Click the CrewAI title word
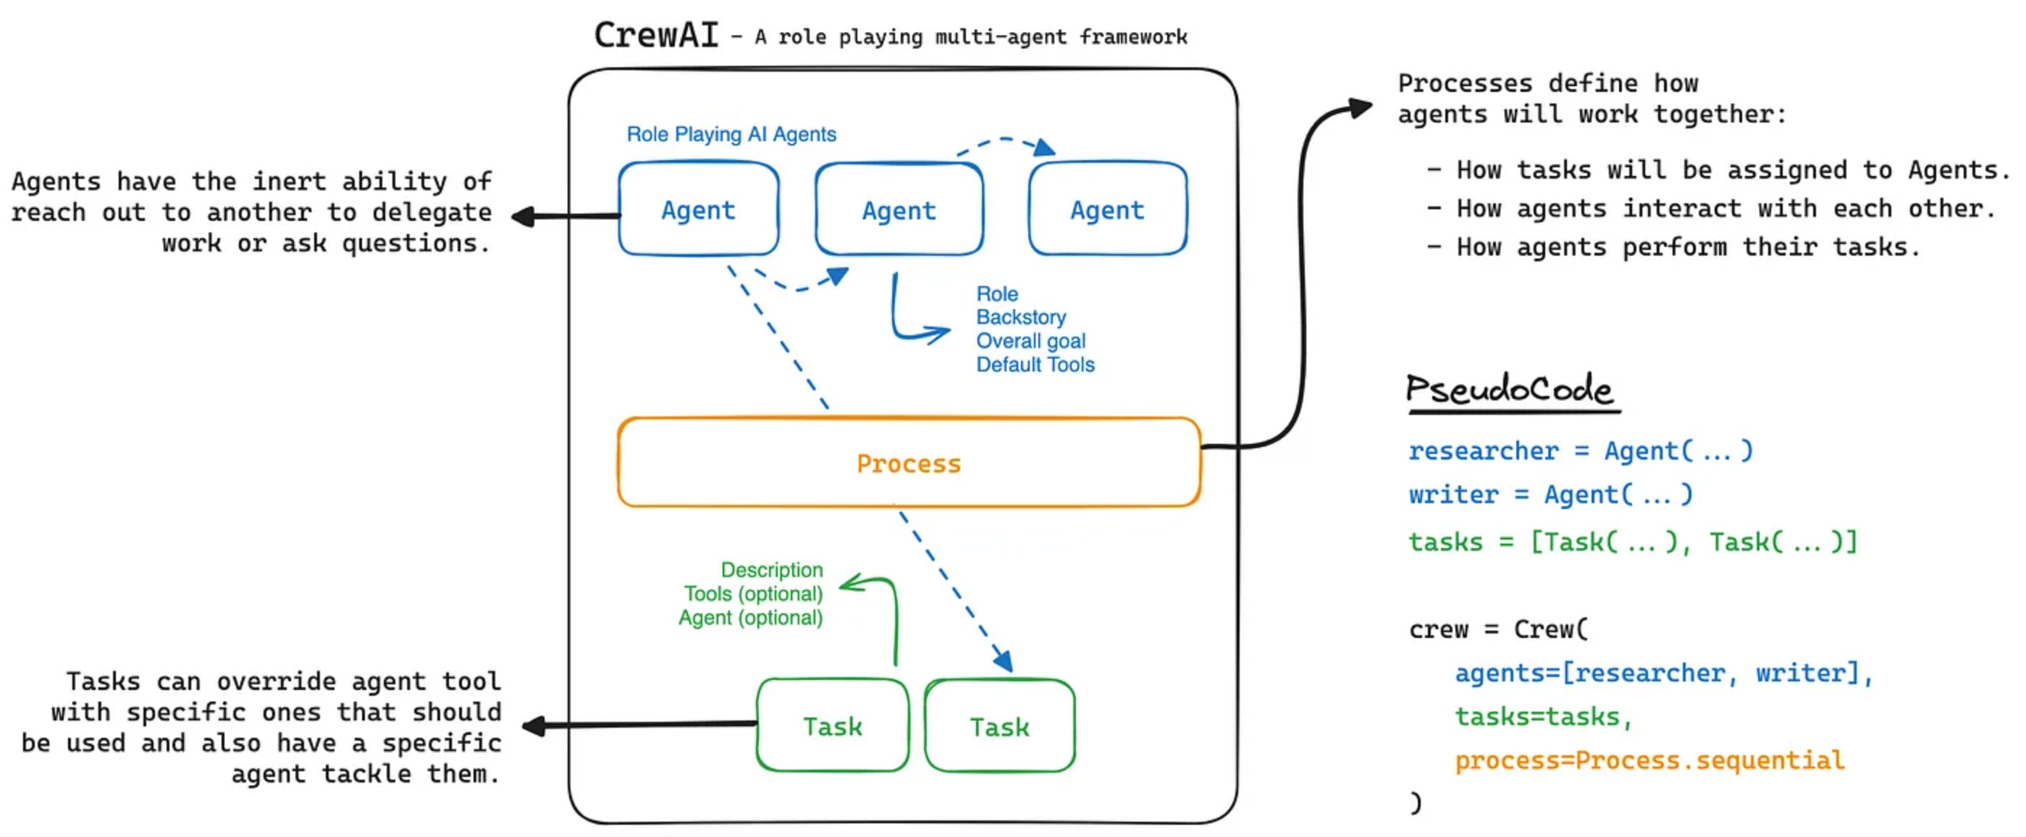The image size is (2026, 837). click(x=656, y=35)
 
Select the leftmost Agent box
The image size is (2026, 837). click(x=699, y=209)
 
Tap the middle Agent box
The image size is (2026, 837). click(x=899, y=210)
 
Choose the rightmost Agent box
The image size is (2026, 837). click(x=1107, y=209)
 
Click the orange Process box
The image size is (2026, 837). click(x=909, y=463)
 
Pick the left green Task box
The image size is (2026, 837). click(x=832, y=726)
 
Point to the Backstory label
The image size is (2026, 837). click(x=1021, y=317)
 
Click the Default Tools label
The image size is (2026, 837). click(x=1035, y=365)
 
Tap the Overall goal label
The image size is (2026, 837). click(x=1030, y=342)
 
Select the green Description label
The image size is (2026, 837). click(x=772, y=570)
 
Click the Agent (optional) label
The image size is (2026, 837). click(x=750, y=618)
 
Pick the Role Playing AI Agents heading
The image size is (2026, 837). click(x=731, y=135)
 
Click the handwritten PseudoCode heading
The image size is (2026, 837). click(x=1509, y=390)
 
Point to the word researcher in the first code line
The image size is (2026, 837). click(x=1482, y=451)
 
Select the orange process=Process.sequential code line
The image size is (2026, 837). click(x=1649, y=761)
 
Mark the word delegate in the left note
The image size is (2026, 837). click(x=432, y=212)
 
